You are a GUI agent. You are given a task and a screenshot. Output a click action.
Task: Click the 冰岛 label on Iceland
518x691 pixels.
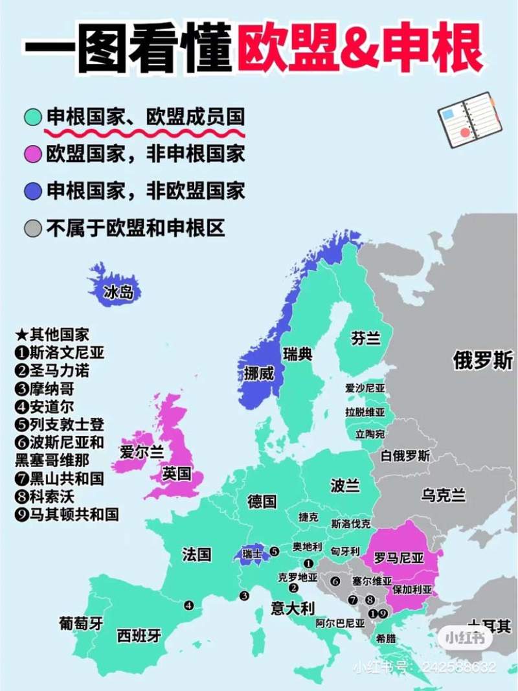click(x=118, y=292)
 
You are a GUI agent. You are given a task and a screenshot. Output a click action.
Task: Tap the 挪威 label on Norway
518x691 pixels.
click(x=258, y=374)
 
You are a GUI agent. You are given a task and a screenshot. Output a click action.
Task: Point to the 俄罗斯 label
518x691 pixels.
click(x=482, y=361)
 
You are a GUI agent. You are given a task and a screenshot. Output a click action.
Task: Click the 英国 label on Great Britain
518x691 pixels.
click(x=177, y=474)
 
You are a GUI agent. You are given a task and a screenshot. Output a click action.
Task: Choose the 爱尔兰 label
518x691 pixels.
click(x=142, y=453)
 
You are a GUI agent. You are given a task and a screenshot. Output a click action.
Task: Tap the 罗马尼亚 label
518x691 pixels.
click(x=399, y=558)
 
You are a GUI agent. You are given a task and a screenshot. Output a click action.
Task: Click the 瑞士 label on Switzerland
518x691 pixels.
click(x=252, y=554)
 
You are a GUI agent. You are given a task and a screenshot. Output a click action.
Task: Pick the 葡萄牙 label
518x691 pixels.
click(x=81, y=624)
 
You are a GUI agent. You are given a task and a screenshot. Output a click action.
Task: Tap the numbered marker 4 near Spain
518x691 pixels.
click(x=188, y=606)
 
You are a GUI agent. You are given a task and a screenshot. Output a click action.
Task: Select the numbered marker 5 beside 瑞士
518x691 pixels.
click(x=275, y=552)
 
